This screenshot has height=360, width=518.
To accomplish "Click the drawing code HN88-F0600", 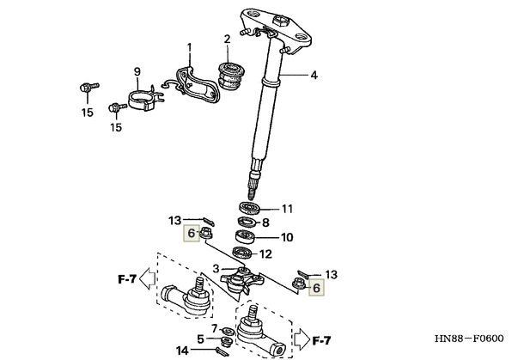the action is click(x=469, y=339).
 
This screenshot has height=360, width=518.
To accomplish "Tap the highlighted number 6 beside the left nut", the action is click(x=192, y=233).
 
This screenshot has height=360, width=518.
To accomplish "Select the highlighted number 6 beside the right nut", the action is click(x=316, y=288).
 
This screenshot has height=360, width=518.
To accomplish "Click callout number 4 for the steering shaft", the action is click(x=314, y=76).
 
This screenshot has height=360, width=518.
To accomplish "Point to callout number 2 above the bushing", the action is click(x=227, y=40).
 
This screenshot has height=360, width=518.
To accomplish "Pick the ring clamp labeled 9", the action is click(x=145, y=99).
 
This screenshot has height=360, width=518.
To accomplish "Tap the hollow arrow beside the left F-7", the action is click(x=148, y=278).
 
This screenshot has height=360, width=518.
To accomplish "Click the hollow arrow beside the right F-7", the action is click(x=302, y=339).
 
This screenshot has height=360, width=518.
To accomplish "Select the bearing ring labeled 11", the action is click(x=249, y=208).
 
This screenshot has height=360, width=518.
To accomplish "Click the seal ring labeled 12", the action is click(x=243, y=253).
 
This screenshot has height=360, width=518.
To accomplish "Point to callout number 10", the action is click(x=287, y=237).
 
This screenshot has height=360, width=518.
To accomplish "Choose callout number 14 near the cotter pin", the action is click(x=182, y=351).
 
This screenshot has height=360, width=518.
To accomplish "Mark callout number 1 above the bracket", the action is click(x=189, y=48).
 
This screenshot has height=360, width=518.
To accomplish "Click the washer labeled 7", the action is click(x=228, y=330).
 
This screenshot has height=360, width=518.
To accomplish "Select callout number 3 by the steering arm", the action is click(x=216, y=269).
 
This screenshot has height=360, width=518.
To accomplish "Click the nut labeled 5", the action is click(x=227, y=341).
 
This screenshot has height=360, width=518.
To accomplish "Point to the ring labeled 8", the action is click(x=247, y=223).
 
